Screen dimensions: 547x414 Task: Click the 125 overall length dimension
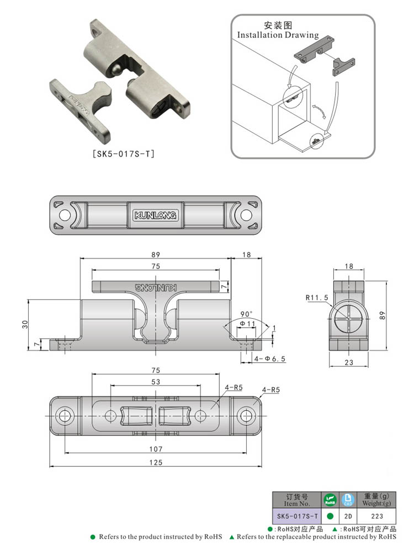click(x=156, y=463)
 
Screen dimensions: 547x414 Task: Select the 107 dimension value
click(x=156, y=449)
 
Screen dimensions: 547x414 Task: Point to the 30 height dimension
click(x=24, y=324)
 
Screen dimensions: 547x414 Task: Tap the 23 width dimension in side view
click(x=348, y=362)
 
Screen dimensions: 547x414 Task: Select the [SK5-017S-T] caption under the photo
click(x=121, y=154)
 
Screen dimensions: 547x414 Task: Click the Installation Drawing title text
click(x=278, y=35)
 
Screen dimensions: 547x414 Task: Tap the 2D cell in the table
click(x=347, y=517)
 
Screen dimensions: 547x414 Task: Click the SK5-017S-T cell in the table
click(x=297, y=517)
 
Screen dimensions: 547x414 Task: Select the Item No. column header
click(x=297, y=500)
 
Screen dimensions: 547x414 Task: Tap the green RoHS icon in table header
click(x=330, y=500)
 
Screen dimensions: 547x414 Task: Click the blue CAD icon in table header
click(x=347, y=500)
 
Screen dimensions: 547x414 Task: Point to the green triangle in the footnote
click(x=232, y=537)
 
